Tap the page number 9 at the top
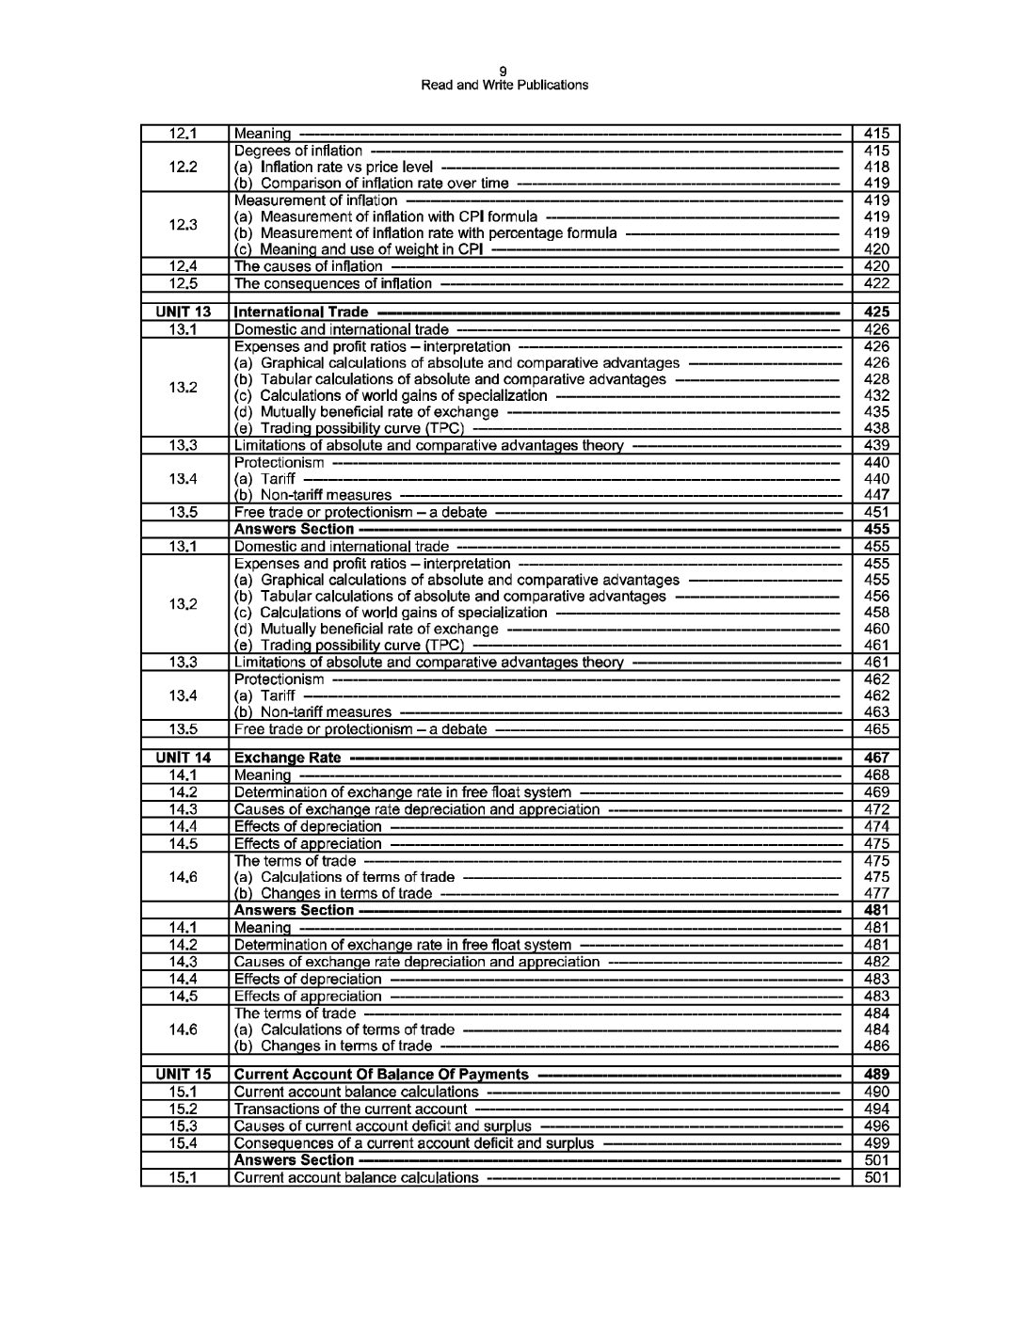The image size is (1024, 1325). point(504,72)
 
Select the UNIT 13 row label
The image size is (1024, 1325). point(184,311)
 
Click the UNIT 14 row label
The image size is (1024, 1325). point(184,758)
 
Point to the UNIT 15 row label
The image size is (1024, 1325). point(184,1075)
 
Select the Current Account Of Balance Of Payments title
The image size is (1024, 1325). point(380,1075)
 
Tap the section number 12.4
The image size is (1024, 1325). point(184,266)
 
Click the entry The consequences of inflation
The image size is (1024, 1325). point(332,283)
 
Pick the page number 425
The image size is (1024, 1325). point(875,311)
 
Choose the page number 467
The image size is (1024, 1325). point(875,758)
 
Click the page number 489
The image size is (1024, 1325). point(875,1075)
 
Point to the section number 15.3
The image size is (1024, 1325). point(184,1126)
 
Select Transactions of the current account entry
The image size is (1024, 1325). point(350,1109)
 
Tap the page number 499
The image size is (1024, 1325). point(875,1143)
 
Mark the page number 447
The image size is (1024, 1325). point(875,495)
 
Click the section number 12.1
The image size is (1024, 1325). point(184,134)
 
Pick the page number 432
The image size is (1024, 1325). point(875,395)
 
